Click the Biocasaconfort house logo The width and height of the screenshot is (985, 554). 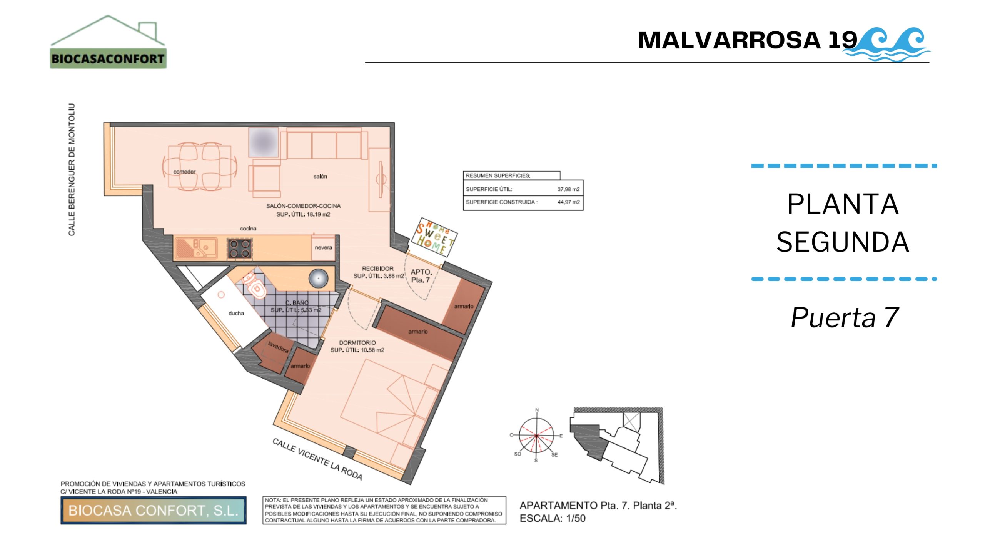(x=108, y=42)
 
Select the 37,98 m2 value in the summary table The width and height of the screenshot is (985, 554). (x=568, y=189)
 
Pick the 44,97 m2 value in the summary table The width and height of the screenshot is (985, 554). (x=568, y=202)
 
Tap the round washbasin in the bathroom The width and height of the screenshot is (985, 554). (x=318, y=278)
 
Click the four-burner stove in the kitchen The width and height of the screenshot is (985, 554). (x=240, y=248)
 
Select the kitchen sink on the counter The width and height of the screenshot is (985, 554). (x=197, y=248)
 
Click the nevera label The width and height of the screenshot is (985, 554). (x=323, y=247)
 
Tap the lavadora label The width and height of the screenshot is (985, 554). (x=278, y=347)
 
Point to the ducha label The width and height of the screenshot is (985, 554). (x=236, y=313)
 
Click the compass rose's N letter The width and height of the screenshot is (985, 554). (x=537, y=410)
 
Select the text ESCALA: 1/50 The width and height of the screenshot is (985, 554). (x=553, y=518)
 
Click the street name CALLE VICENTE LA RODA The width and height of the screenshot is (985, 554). (x=317, y=459)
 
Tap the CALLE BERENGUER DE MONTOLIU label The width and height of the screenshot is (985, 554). (x=72, y=170)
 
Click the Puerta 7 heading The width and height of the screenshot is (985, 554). (x=845, y=317)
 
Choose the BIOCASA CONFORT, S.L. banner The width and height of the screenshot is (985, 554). (x=153, y=510)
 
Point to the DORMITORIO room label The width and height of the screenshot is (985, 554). (x=357, y=343)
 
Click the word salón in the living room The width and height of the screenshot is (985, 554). (x=320, y=176)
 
